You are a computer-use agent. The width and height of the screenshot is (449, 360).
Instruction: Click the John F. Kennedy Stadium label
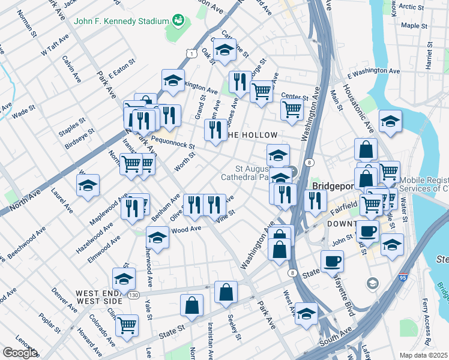tap(121, 21)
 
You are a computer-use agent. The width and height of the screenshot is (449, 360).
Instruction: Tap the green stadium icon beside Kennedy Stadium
tap(178, 21)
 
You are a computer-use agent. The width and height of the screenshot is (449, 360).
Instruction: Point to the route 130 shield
tap(133, 295)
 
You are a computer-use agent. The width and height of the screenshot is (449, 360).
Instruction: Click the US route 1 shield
tap(191, 54)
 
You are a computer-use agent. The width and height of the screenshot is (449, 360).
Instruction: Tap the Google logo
tap(20, 353)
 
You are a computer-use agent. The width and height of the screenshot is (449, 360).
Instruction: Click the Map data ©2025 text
tap(423, 355)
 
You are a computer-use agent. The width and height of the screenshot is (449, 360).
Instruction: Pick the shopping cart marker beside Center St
tap(291, 110)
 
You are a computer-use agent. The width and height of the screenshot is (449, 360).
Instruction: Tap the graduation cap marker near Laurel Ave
tap(88, 185)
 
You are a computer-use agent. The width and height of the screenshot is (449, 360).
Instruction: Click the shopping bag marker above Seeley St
tap(226, 292)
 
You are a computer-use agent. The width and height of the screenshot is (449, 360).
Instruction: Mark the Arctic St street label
tap(411, 7)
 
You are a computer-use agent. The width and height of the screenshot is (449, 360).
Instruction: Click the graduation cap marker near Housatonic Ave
tap(390, 121)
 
